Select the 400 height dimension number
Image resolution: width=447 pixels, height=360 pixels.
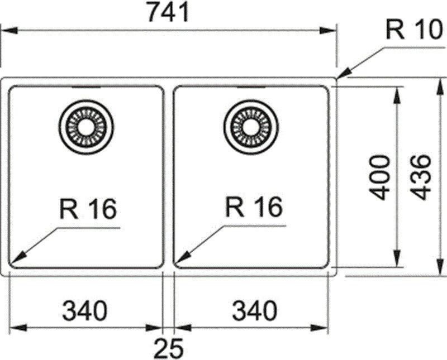point(381,177)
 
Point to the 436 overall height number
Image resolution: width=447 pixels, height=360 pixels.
point(423,177)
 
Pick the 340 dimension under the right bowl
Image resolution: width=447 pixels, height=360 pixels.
point(252,310)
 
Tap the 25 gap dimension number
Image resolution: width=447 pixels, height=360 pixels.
point(168,349)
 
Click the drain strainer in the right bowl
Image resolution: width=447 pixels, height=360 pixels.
point(250,127)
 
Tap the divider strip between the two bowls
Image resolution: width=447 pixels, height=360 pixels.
point(169,179)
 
